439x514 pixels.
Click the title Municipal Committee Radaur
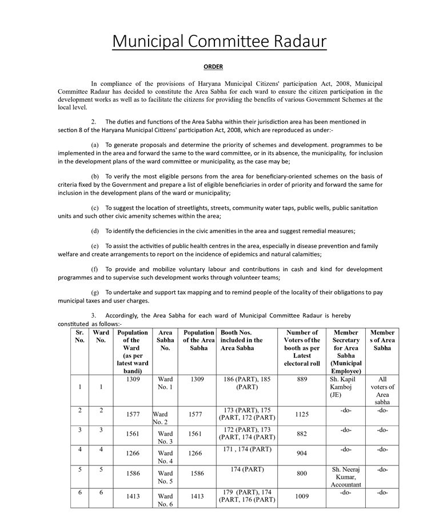tap(219, 41)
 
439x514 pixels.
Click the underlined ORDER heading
tap(213, 67)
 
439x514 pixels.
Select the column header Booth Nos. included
tap(242, 340)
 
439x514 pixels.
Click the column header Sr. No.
tap(79, 336)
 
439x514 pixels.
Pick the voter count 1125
tap(302, 415)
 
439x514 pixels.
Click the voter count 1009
tap(302, 496)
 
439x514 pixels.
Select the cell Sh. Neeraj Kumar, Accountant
tap(346, 477)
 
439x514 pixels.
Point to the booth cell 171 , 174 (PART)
tap(247, 449)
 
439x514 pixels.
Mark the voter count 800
tap(302, 473)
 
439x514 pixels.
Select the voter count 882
tap(302, 434)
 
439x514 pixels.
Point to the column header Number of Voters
tap(302, 348)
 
